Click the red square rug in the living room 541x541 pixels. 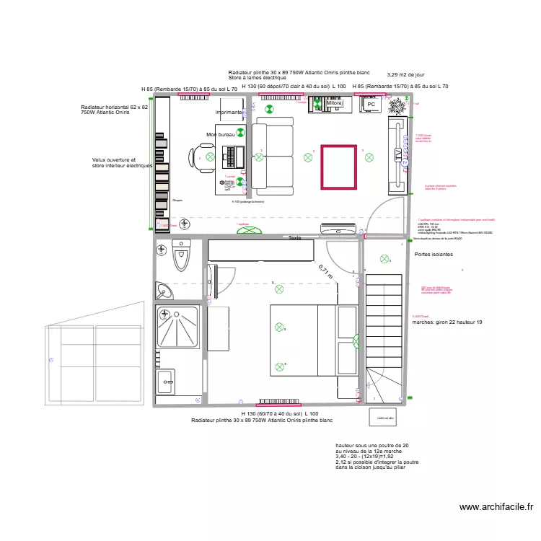[338, 167]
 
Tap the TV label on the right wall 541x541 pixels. [397, 155]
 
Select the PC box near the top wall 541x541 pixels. [371, 105]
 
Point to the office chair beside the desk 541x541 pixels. [203, 157]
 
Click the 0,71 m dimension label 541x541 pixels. [326, 271]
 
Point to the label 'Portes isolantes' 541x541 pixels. [434, 255]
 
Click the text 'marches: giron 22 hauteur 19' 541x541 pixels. [447, 322]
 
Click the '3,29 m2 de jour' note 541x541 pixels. [405, 74]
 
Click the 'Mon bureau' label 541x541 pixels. [220, 134]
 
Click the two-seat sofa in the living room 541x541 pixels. [273, 159]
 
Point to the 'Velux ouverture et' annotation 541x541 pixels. [114, 159]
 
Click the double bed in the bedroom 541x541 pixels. [303, 340]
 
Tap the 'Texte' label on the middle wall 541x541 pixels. [294, 237]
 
